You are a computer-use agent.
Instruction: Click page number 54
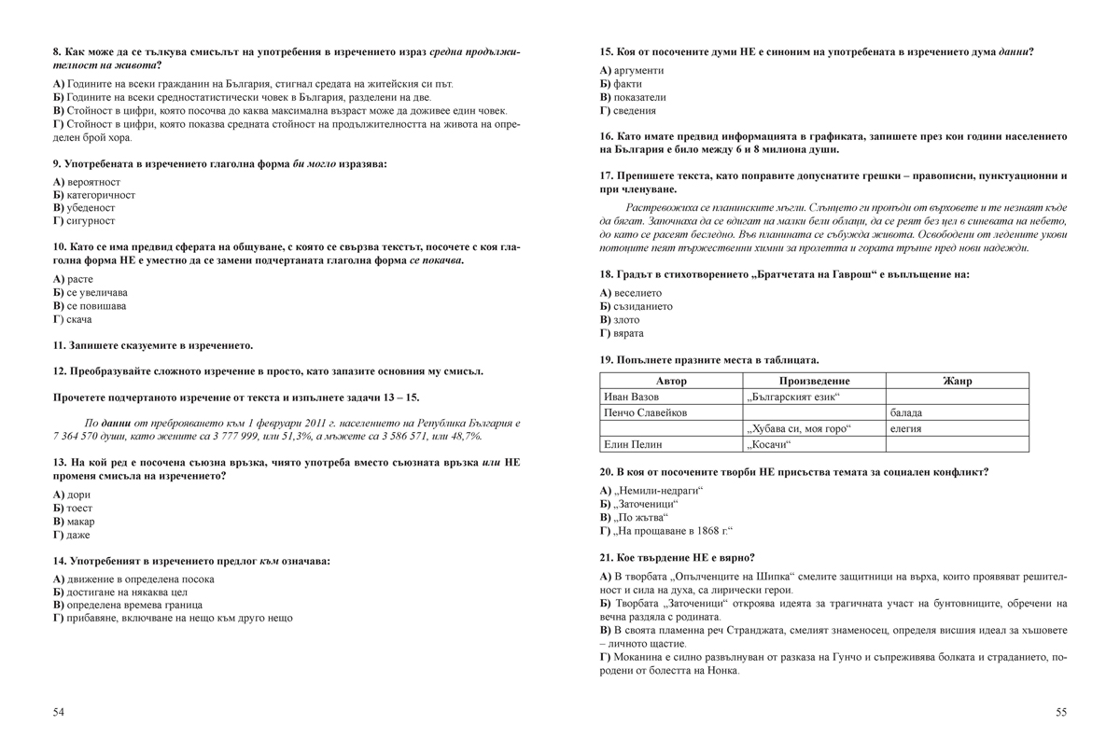pos(59,712)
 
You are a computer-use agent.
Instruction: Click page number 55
pos(1061,712)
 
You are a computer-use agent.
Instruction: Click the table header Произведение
pos(814,381)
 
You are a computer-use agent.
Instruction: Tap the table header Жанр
pos(957,381)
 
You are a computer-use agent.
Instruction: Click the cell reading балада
pos(906,412)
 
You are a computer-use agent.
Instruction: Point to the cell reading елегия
pos(906,428)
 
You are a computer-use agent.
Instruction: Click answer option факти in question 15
pos(626,84)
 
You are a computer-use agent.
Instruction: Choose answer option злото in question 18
pos(626,319)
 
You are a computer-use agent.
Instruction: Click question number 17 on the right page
pos(606,175)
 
